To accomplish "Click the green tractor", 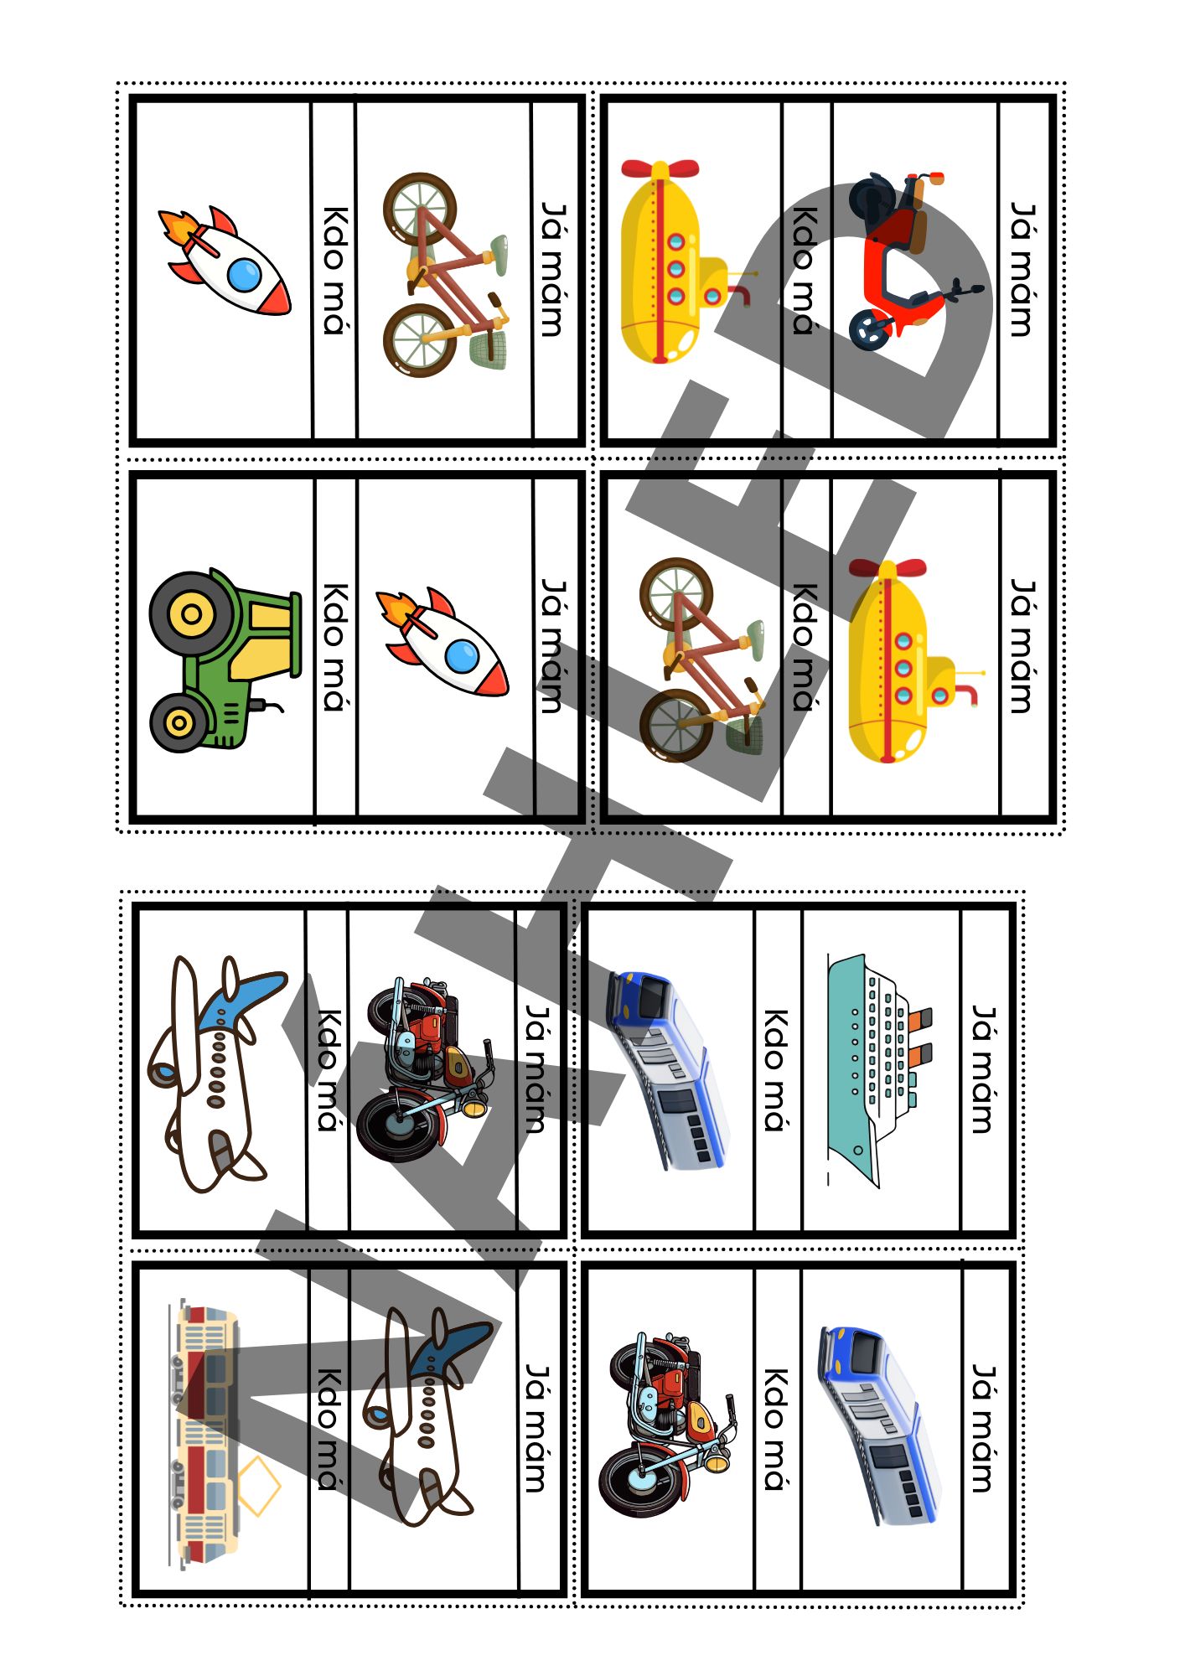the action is click(225, 660).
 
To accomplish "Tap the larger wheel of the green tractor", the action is click(191, 614).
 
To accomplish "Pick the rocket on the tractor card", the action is click(442, 641).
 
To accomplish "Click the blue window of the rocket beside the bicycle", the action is click(244, 275).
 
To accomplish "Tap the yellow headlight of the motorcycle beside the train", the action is click(719, 1461).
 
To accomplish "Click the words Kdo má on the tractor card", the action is click(336, 646).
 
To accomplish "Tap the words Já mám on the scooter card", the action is click(1022, 268).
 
